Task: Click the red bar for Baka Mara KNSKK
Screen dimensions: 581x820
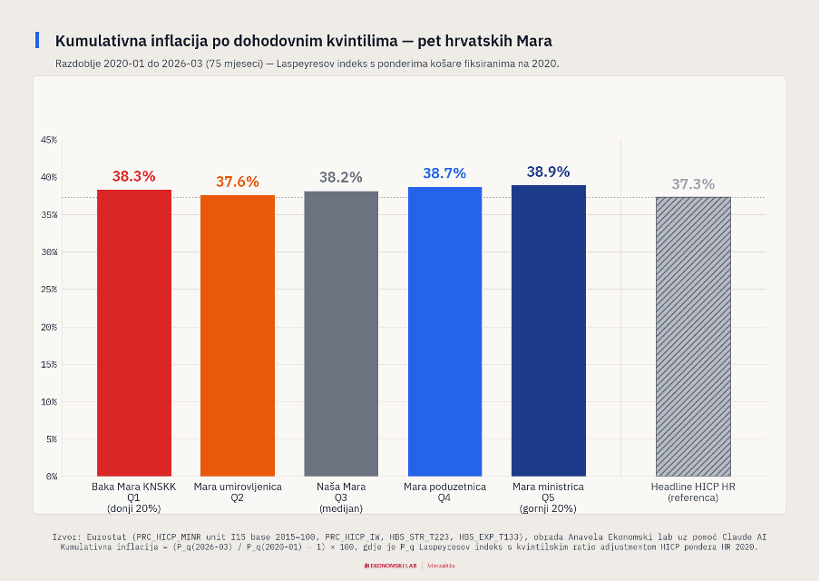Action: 134,332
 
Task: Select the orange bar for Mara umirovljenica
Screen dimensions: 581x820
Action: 238,335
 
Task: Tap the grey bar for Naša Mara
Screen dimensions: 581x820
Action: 341,333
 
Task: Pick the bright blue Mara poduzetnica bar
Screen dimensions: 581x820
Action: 444,331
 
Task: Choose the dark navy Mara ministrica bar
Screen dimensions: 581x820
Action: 548,330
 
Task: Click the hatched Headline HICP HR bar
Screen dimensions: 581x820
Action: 693,336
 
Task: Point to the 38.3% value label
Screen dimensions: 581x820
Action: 134,177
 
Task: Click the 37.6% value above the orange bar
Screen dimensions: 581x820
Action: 238,182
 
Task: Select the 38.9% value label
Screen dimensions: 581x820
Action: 548,172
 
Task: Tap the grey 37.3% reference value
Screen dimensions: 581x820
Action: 693,184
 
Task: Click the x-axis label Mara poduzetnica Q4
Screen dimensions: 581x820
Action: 444,492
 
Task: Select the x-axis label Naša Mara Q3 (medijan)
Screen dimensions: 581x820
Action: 341,497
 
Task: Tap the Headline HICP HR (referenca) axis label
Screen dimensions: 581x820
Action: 693,492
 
